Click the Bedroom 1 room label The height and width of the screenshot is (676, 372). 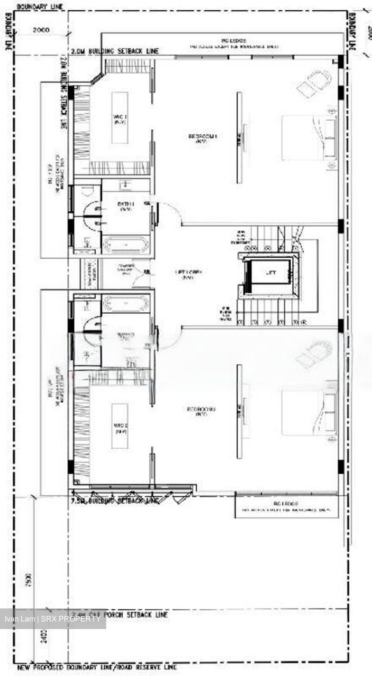pyautogui.click(x=198, y=138)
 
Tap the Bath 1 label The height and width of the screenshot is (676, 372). pyautogui.click(x=125, y=207)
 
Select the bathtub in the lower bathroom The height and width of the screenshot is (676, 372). pyautogui.click(x=125, y=303)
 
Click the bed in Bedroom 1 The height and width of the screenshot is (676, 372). pyautogui.click(x=309, y=138)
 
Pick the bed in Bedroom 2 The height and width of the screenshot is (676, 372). pyautogui.click(x=309, y=413)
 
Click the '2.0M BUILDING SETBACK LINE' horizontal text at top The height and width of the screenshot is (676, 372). pyautogui.click(x=115, y=51)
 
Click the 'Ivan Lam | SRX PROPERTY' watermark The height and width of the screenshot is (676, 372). pyautogui.click(x=52, y=619)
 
